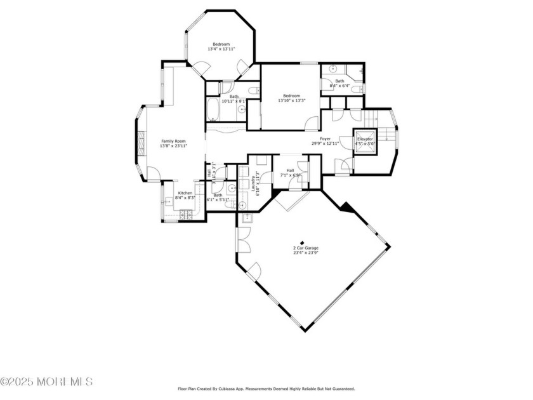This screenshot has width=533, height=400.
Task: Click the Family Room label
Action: [x=173, y=141]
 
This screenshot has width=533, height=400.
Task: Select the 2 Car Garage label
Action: [x=305, y=248]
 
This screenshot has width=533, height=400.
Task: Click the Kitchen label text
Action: [x=185, y=193]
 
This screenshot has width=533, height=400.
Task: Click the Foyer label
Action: [x=325, y=138]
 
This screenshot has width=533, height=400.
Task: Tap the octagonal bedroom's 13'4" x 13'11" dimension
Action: [x=221, y=49]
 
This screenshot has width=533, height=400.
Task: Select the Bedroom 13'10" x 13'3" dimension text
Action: [x=291, y=100]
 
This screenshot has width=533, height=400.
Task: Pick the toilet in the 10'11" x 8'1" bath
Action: [x=253, y=93]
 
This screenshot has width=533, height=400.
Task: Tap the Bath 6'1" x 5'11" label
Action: [x=218, y=196]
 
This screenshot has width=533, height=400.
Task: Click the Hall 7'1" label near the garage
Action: [x=289, y=171]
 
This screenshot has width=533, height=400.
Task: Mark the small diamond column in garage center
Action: [x=302, y=241]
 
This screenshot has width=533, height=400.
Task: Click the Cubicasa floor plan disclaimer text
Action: [x=265, y=388]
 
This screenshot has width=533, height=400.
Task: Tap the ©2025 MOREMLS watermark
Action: [x=47, y=382]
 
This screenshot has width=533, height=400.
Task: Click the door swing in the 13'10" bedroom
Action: [x=311, y=123]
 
